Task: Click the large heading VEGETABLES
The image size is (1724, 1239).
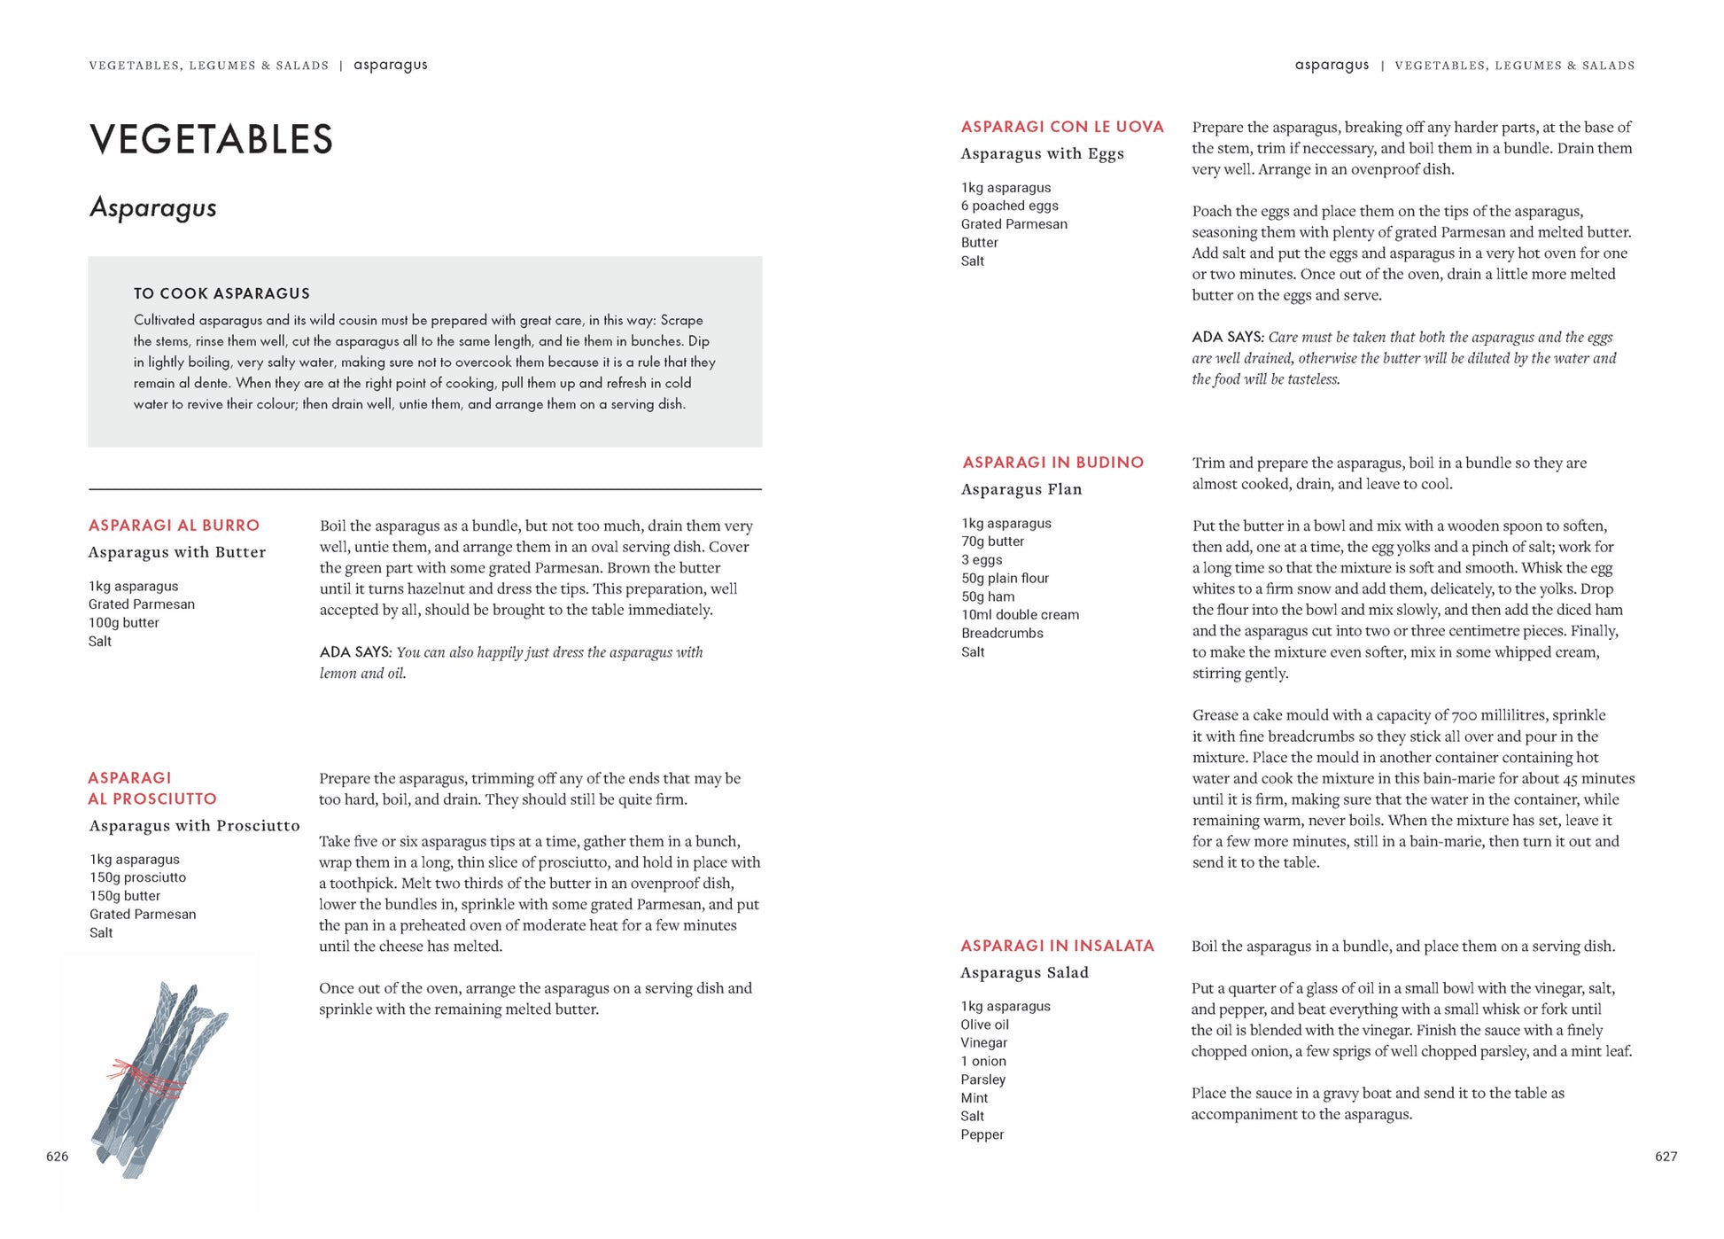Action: tap(211, 139)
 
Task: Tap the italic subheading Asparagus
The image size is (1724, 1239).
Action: tap(152, 208)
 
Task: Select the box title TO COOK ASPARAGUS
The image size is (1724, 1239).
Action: tap(221, 293)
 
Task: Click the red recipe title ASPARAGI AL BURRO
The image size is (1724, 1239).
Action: tap(174, 526)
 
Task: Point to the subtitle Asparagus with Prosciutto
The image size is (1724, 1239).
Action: tap(194, 826)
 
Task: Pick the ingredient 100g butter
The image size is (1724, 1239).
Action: tap(123, 623)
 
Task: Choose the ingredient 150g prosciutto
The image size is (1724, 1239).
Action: tap(137, 877)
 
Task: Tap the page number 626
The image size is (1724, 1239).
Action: tap(57, 1157)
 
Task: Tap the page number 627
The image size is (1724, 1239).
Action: tap(1666, 1157)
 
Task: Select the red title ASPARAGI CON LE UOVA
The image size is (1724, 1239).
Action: tap(1062, 127)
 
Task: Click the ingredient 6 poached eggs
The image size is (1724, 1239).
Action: tap(1009, 206)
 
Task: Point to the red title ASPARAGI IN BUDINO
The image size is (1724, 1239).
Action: tap(1052, 463)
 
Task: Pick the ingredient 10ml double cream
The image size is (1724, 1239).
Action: tap(1020, 615)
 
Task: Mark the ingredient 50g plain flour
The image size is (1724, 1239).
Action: tap(1005, 579)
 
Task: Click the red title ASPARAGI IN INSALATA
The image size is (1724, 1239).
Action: tap(1057, 947)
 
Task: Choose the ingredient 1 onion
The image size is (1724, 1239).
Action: tap(982, 1062)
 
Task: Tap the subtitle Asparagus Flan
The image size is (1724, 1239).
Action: tap(1021, 489)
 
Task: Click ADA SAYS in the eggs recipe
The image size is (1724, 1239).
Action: tap(1226, 338)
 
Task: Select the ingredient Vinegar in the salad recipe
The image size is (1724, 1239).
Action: tap(983, 1043)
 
